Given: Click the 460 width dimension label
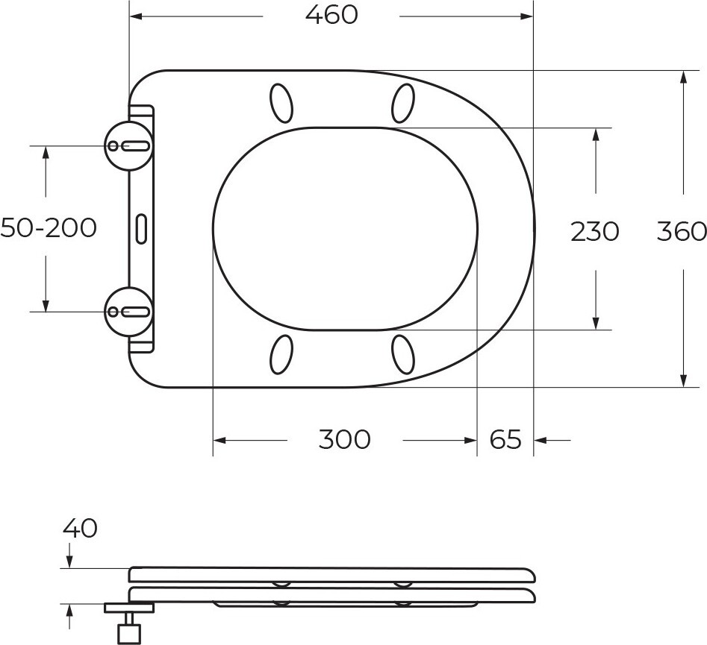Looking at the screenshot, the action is pos(331,15).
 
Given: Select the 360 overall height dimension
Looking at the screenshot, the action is pos(682,231).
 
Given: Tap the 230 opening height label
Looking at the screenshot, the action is pos(595,232).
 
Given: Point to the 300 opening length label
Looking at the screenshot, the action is pos(344,439).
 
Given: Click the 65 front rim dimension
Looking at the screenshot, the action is pos(505,439).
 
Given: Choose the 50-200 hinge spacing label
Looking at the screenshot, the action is pos(49,227).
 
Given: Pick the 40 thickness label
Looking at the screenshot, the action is pos(80,528).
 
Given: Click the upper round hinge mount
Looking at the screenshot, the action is pos(129,146).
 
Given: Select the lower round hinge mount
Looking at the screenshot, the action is pos(129,312).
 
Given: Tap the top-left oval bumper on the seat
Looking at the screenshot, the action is pos(281,103).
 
